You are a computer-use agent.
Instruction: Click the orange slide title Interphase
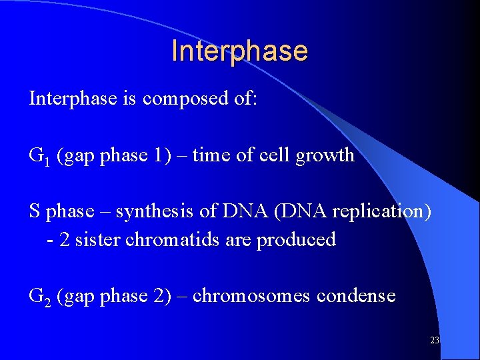click(x=239, y=51)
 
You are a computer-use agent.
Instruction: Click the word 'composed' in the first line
click(x=175, y=99)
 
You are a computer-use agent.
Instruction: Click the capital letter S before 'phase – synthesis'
click(x=35, y=211)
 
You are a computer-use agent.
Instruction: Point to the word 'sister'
click(x=97, y=240)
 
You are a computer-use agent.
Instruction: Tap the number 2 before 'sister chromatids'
click(x=63, y=240)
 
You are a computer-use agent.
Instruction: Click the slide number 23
click(x=435, y=340)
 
